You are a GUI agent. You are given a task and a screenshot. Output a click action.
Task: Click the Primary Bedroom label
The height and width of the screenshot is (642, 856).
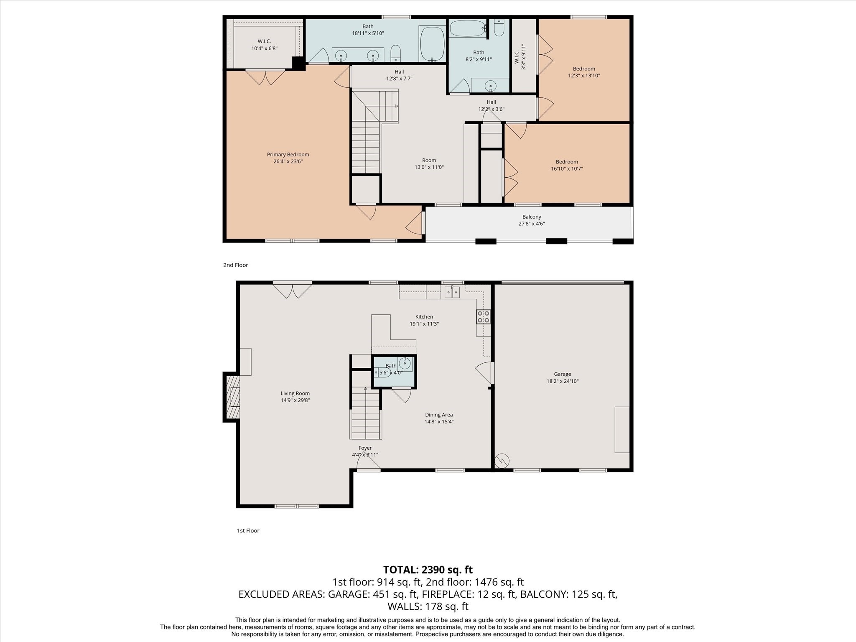point(288,155)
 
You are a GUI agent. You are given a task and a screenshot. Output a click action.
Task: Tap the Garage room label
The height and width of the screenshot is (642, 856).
point(562,374)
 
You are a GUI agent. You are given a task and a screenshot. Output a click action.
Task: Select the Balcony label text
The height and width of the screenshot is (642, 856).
point(532,217)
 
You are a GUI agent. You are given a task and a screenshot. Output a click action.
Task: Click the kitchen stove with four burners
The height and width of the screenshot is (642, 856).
point(483,316)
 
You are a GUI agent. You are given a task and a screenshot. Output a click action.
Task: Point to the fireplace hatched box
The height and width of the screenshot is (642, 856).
point(233,397)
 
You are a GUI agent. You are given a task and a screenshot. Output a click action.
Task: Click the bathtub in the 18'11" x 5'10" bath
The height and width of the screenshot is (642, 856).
point(432,44)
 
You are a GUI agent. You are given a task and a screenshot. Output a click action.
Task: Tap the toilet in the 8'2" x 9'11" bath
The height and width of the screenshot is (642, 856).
point(499,28)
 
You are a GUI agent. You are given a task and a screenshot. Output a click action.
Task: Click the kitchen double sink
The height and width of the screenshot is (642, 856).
point(452,292)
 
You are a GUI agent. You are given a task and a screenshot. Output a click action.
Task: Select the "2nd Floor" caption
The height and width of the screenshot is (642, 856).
point(236,265)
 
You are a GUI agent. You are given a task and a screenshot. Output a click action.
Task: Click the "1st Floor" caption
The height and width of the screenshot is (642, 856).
point(248,530)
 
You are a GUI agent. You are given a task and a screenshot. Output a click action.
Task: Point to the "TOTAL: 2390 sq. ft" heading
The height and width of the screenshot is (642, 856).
point(428,570)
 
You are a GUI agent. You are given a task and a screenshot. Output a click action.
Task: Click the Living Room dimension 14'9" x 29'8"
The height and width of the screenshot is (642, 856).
point(295,400)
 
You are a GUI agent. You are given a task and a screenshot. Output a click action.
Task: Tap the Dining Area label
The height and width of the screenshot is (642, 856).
point(439,415)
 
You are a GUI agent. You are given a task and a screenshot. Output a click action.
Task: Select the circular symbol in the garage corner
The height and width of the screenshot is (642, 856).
point(502,461)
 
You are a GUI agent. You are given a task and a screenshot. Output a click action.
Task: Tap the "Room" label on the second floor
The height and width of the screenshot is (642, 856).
point(429,160)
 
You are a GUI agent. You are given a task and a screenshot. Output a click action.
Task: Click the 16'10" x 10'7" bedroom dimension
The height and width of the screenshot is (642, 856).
point(567,169)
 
